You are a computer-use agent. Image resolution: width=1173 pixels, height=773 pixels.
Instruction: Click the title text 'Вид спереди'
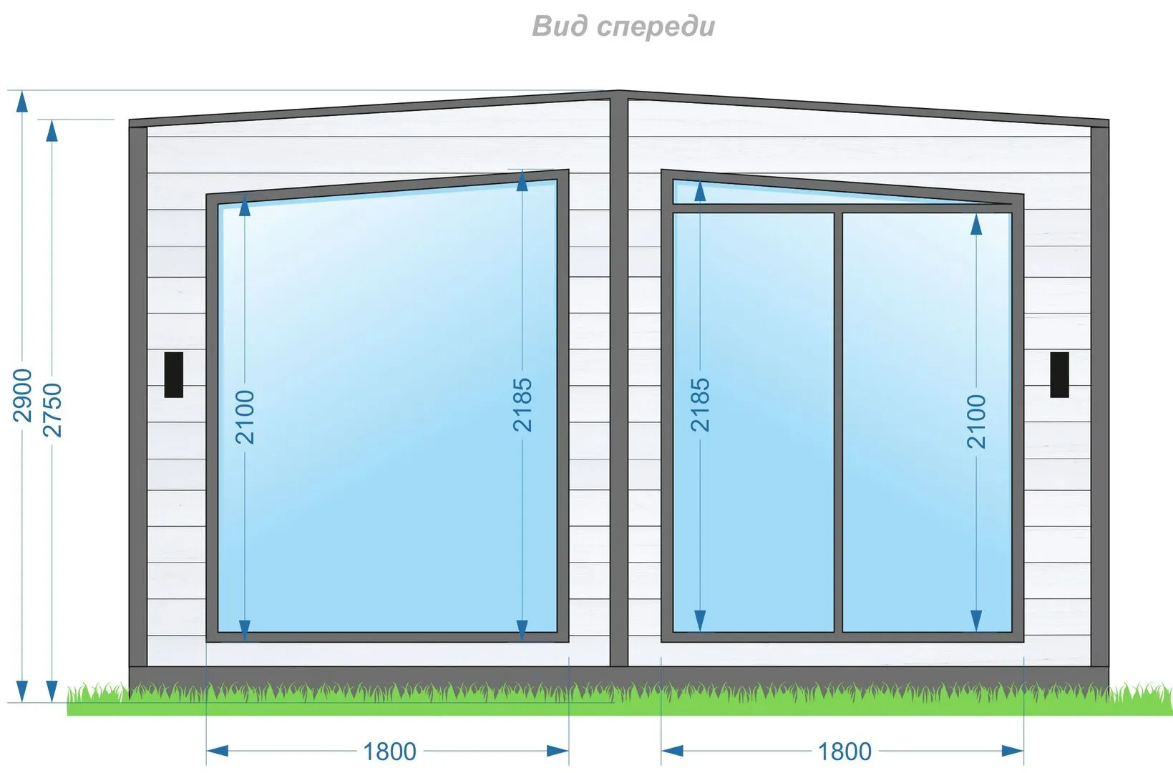623,26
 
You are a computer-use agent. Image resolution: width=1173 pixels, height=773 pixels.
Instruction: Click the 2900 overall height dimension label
23,395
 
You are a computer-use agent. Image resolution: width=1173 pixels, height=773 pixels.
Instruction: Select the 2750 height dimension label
53,409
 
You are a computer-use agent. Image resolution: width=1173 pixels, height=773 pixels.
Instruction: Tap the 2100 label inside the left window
245,417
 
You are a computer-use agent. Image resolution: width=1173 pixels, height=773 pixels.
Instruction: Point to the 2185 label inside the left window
522,404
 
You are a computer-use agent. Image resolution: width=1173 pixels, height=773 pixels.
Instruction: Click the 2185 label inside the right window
700,404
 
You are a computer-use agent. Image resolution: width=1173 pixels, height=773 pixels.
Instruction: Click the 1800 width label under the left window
389,752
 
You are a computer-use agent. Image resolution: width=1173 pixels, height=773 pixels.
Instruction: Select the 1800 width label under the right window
845,752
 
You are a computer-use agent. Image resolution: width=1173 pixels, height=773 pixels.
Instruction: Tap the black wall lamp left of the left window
174,374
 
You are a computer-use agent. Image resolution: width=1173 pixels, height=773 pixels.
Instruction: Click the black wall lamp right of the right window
1059,374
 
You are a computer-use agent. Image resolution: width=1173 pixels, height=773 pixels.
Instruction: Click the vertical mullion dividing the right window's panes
838,422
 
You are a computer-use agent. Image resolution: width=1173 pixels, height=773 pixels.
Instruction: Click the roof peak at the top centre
619,93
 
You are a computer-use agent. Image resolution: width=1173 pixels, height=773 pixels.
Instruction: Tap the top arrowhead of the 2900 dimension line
22,102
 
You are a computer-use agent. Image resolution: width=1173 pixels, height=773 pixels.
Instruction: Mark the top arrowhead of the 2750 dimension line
52,131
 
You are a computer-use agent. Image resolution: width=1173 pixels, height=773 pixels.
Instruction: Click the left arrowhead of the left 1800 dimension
217,751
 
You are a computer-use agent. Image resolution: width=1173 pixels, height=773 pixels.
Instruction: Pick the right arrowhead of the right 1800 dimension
1013,751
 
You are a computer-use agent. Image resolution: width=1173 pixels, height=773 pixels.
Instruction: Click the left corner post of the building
138,394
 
